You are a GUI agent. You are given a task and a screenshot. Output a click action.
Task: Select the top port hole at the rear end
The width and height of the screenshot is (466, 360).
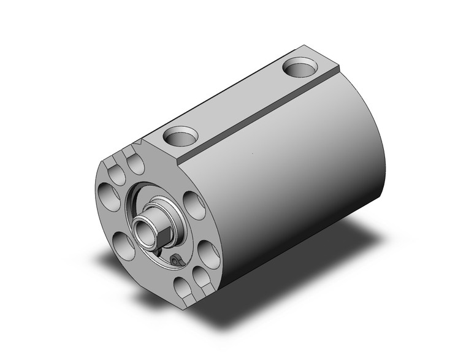pyautogui.click(x=302, y=64)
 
